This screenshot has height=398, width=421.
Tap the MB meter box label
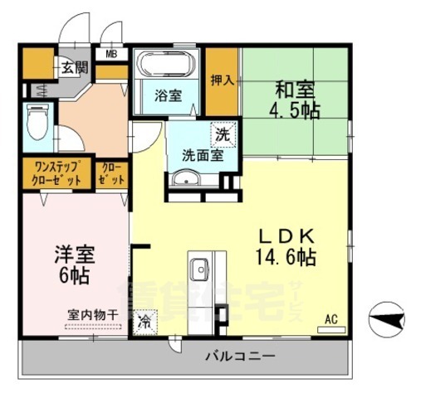[110, 55]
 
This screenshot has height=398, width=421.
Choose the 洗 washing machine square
[223, 133]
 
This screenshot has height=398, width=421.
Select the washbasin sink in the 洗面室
[185, 179]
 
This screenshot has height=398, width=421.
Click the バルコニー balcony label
[240, 357]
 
